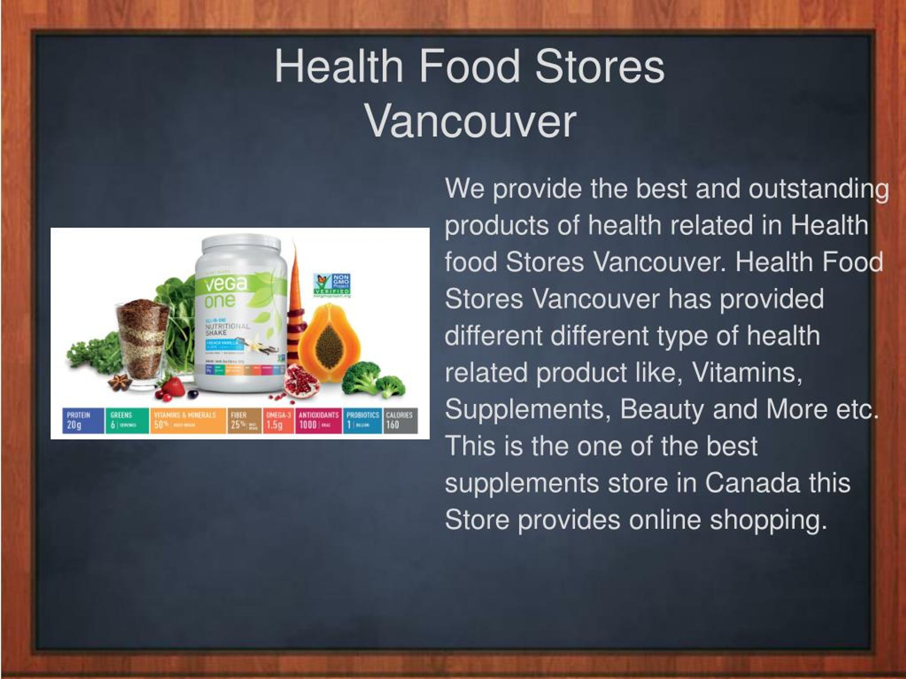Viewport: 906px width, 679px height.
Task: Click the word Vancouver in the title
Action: pos(471,122)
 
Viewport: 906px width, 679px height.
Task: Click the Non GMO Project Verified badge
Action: pos(332,284)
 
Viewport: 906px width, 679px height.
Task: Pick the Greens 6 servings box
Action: pos(127,420)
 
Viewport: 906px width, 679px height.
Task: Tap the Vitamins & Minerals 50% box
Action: pos(188,420)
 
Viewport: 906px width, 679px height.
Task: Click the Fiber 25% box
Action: pos(245,420)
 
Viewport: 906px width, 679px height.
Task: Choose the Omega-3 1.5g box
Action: pos(279,420)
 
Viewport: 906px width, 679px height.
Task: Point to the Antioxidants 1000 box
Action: pos(319,420)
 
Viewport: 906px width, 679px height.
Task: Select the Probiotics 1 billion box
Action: pos(362,420)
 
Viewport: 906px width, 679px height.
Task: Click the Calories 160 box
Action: pos(400,420)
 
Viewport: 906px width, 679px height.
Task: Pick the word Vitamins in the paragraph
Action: pos(746,372)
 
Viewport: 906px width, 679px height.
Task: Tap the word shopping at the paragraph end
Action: pos(768,520)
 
